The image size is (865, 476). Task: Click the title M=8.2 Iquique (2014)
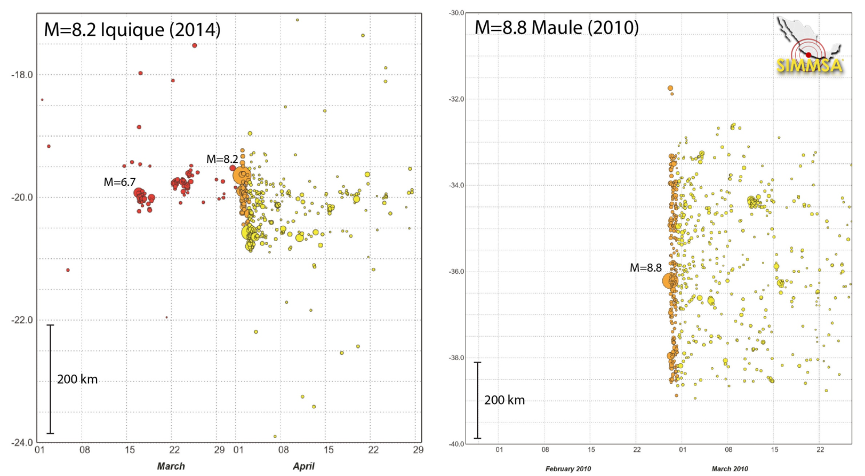point(132,29)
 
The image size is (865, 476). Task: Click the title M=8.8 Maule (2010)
point(556,27)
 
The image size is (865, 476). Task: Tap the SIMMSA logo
point(809,46)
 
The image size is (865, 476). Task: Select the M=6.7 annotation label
point(119,183)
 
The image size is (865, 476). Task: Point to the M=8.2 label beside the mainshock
point(222,159)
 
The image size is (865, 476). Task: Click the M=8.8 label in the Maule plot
point(645,268)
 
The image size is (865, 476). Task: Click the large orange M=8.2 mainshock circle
point(242,174)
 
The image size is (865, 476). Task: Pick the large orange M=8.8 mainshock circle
point(670,281)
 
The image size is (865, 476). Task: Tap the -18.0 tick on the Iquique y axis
point(22,75)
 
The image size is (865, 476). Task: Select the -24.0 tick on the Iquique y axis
point(22,442)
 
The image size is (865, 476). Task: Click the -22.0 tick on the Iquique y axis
point(22,320)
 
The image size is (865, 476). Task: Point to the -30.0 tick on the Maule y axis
point(456,13)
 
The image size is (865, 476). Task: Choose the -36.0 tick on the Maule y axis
point(456,272)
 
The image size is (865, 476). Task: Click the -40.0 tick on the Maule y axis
point(456,444)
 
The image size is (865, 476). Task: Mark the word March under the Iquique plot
point(171,466)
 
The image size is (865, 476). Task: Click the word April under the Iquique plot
point(303,466)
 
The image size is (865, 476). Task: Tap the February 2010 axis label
point(568,469)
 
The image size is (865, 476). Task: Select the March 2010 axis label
point(730,469)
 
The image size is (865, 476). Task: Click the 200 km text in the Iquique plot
point(77,379)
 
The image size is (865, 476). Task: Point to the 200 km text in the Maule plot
point(504,400)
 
